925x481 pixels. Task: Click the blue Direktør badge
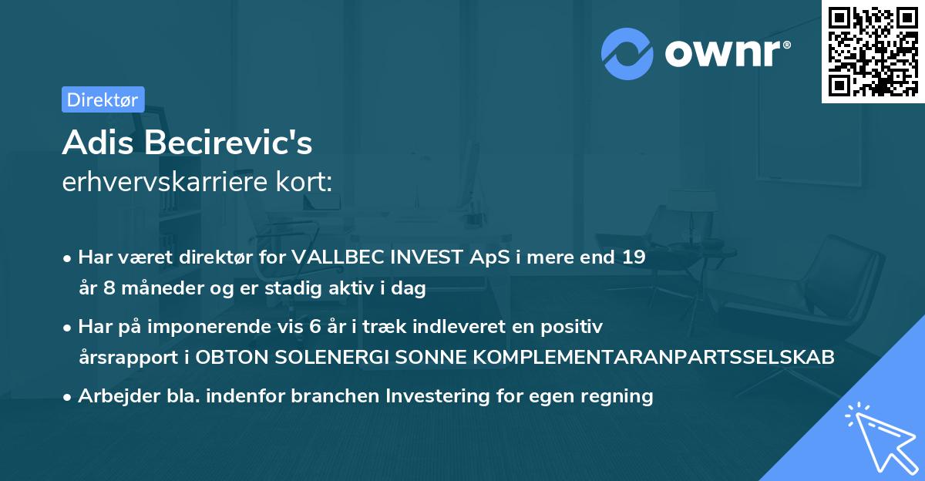(103, 99)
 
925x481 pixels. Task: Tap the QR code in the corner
(873, 52)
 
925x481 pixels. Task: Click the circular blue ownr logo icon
(627, 54)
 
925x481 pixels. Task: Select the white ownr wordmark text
(728, 53)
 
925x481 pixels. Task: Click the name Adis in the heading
(98, 143)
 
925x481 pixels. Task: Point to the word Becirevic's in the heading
(228, 143)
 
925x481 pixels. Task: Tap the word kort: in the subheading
(304, 182)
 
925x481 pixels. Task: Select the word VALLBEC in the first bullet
(338, 257)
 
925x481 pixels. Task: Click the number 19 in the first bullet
(634, 257)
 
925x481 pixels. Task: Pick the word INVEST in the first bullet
(426, 257)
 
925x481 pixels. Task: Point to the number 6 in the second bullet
(315, 327)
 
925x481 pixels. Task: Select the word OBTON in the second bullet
(232, 357)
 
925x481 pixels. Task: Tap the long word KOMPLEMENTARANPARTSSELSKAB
(654, 357)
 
